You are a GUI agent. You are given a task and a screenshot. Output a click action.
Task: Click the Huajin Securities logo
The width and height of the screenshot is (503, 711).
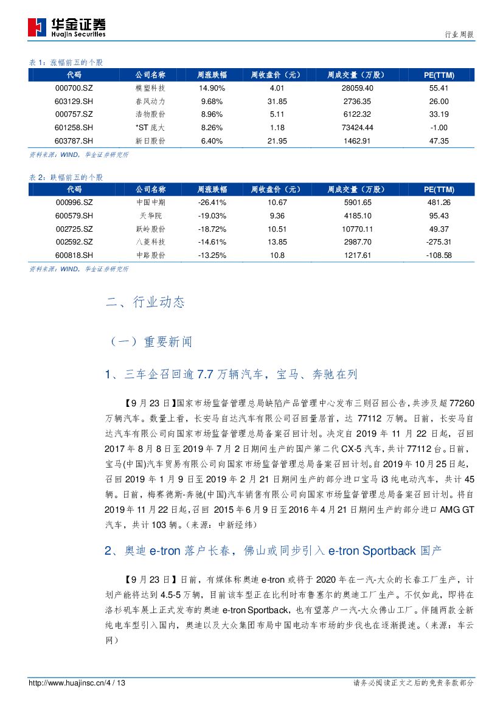(x=66, y=27)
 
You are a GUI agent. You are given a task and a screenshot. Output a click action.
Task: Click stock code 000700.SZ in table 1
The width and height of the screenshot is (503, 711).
(x=74, y=88)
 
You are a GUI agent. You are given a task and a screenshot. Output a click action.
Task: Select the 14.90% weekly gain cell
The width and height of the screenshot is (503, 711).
(x=212, y=88)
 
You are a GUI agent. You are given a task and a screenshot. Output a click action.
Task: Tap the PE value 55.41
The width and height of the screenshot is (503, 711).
(x=439, y=88)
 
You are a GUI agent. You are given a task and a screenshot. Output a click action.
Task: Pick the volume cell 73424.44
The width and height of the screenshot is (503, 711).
(x=358, y=128)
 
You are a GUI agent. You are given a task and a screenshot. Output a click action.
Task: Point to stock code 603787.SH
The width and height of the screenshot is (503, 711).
(x=74, y=140)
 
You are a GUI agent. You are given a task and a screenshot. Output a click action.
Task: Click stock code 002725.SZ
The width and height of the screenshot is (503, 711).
(x=74, y=229)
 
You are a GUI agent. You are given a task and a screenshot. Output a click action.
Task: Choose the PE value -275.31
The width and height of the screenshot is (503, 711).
(x=439, y=241)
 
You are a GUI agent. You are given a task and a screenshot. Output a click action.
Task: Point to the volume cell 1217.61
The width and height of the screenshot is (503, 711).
(x=358, y=255)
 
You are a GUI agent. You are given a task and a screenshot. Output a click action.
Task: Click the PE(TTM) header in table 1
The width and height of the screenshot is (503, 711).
(x=439, y=75)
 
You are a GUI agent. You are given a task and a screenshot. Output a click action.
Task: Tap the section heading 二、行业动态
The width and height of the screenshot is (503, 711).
(x=145, y=302)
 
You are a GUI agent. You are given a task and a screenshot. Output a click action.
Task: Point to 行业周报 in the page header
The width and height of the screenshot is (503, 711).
(x=460, y=35)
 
